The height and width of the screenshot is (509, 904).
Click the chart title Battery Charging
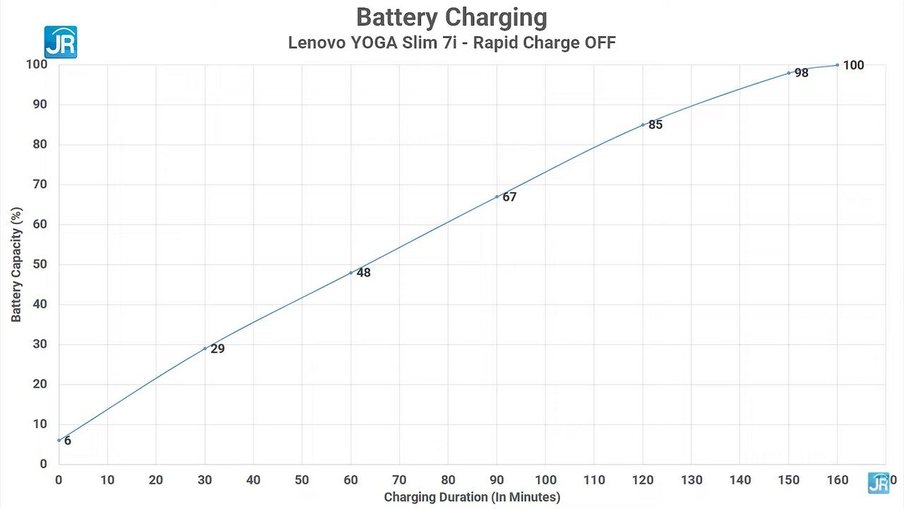click(x=451, y=18)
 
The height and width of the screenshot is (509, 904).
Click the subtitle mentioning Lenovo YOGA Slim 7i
click(x=452, y=42)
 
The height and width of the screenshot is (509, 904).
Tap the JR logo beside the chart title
click(x=61, y=42)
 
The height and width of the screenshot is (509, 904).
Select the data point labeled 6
click(x=59, y=440)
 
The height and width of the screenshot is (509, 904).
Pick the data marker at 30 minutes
click(x=205, y=349)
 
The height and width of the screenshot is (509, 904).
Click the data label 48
click(x=363, y=273)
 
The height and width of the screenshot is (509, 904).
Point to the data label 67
click(x=509, y=197)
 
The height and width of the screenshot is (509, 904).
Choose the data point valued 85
click(x=643, y=125)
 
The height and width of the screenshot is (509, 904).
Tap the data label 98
click(x=802, y=73)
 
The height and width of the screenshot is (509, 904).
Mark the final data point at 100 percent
click(x=838, y=65)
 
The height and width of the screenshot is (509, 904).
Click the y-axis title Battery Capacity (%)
click(x=16, y=264)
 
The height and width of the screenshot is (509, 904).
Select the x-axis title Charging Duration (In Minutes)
click(x=472, y=497)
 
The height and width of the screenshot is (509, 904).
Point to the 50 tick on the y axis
click(x=40, y=264)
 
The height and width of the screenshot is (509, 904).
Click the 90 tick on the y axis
click(x=40, y=104)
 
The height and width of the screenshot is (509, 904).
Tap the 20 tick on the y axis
click(x=40, y=384)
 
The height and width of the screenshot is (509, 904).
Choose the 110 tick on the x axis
click(x=594, y=480)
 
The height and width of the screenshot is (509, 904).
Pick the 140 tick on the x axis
click(x=740, y=480)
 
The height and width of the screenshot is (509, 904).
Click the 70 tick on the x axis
click(x=400, y=480)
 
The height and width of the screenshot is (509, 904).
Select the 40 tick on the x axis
click(x=254, y=480)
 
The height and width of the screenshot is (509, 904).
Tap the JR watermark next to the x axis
click(x=879, y=483)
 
